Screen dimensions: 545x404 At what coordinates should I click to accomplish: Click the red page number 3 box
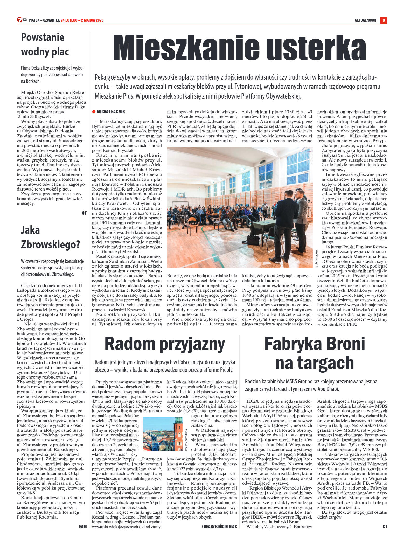(x=384, y=20)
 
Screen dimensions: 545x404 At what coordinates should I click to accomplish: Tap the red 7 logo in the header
(x=20, y=20)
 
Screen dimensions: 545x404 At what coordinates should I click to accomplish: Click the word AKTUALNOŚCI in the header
(x=365, y=20)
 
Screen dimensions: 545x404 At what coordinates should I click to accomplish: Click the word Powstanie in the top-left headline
(x=43, y=37)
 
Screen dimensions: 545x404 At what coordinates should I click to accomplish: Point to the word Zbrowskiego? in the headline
(x=50, y=245)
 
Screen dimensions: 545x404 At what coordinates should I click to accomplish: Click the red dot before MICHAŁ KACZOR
(x=94, y=112)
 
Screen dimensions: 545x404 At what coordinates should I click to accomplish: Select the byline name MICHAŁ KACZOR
(x=111, y=112)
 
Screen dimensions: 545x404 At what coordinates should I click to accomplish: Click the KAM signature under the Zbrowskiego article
(x=83, y=526)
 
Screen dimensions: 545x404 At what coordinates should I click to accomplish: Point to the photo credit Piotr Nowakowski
(x=316, y=258)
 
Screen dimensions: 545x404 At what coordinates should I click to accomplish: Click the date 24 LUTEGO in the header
(x=69, y=20)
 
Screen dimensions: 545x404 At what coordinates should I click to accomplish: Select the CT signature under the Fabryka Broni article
(x=385, y=526)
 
